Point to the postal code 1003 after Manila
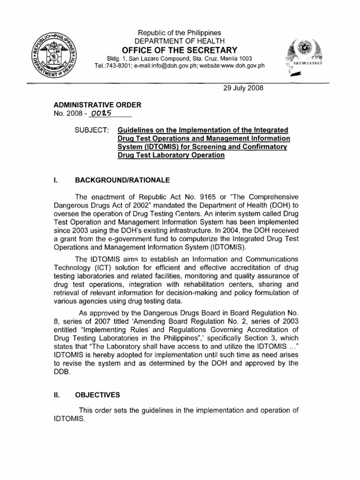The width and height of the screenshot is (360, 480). pyautogui.click(x=245, y=58)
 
